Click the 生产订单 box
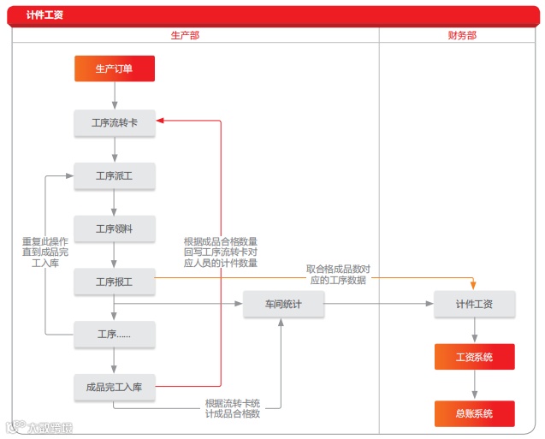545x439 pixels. pyautogui.click(x=114, y=68)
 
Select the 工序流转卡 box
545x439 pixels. pyautogui.click(x=114, y=123)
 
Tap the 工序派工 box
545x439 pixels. pyautogui.click(x=114, y=176)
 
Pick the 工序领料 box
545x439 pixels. pyautogui.click(x=114, y=228)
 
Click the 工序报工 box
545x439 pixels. pyautogui.click(x=114, y=281)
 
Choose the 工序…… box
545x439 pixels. pyautogui.click(x=114, y=335)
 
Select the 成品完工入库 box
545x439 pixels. pyautogui.click(x=114, y=388)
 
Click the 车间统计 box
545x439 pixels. pyautogui.click(x=283, y=304)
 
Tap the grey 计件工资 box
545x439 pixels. pyautogui.click(x=474, y=304)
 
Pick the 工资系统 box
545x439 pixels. pyautogui.click(x=474, y=357)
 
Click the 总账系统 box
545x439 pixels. pyautogui.click(x=474, y=413)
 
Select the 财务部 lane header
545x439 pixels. pyautogui.click(x=462, y=35)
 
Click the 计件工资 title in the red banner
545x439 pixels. pyautogui.click(x=44, y=15)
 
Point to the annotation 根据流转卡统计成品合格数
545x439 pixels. pyautogui.click(x=232, y=408)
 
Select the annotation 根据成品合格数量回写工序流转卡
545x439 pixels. pyautogui.click(x=221, y=252)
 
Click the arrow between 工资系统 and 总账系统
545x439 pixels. pyautogui.click(x=474, y=385)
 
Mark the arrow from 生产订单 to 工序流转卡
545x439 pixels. pyautogui.click(x=114, y=96)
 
